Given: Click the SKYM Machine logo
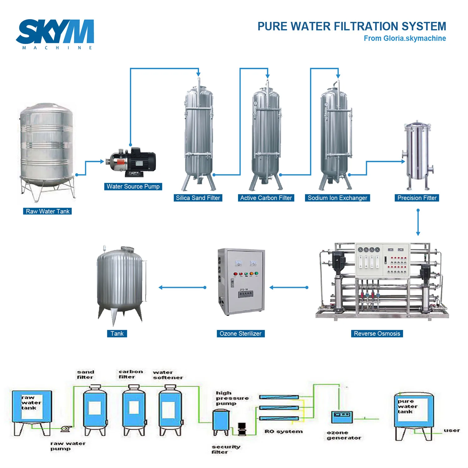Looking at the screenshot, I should (55, 34).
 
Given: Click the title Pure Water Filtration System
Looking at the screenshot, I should (352, 27).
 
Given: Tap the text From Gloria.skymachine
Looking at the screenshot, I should (405, 38).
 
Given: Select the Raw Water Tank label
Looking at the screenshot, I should (47, 211).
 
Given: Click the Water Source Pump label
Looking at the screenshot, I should (133, 187).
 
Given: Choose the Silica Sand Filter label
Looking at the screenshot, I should (198, 198).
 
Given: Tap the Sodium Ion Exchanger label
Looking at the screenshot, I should (337, 198).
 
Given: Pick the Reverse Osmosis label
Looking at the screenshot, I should (377, 334).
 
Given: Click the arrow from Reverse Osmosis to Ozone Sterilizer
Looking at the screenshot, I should (289, 287).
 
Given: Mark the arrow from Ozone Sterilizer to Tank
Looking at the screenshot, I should (183, 287).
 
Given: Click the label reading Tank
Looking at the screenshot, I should (117, 334).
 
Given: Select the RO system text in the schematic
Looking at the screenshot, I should (284, 431).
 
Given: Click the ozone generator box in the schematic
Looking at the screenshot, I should (342, 417).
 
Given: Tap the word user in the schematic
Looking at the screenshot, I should (451, 431).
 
